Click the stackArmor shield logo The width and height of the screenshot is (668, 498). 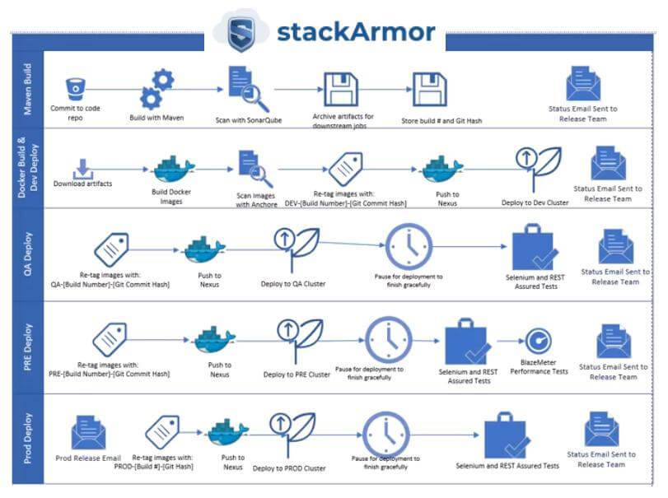click(x=241, y=33)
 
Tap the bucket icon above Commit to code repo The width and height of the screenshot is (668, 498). click(x=76, y=89)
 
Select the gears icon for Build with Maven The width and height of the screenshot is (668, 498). click(x=156, y=90)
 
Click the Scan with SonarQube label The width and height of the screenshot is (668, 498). click(x=249, y=120)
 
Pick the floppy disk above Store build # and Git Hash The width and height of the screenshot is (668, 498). click(x=429, y=90)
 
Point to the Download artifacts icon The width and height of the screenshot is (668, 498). click(x=83, y=169)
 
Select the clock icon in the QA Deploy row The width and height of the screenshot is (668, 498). click(x=409, y=246)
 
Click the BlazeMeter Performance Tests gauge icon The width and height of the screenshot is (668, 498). click(x=539, y=341)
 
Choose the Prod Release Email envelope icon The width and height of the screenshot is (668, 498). click(x=88, y=432)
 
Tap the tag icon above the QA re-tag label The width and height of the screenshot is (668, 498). click(x=111, y=250)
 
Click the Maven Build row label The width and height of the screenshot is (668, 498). click(x=27, y=90)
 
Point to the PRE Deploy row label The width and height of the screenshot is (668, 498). click(x=28, y=347)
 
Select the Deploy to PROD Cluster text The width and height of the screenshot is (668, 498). click(x=289, y=468)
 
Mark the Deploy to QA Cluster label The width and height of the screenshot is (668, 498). click(x=293, y=284)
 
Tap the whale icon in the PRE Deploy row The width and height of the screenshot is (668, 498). click(x=214, y=340)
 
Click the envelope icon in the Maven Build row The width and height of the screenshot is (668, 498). click(x=583, y=83)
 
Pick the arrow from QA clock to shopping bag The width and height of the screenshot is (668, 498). click(x=469, y=246)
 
